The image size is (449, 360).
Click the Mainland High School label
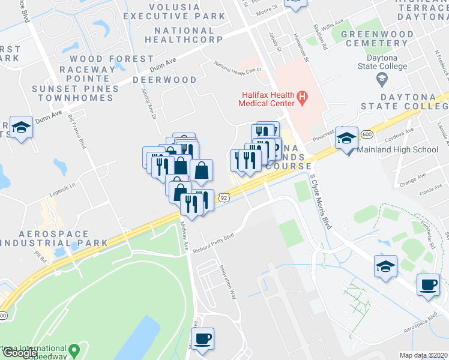tap(398, 150)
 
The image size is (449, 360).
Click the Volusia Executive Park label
tap(173, 12)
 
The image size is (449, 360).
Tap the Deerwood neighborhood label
tap(164, 80)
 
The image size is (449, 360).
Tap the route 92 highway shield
tap(223, 197)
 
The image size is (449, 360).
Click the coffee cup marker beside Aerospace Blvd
tap(428, 284)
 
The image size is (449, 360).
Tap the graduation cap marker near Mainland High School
tap(347, 139)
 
